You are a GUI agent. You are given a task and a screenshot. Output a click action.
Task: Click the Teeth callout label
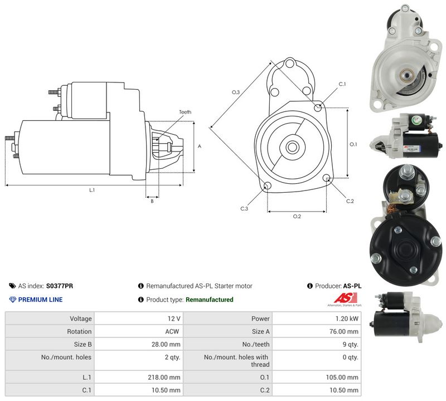[185, 112]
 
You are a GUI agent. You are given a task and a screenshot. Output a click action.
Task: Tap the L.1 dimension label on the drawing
[92, 190]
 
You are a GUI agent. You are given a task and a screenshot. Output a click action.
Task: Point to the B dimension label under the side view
[152, 201]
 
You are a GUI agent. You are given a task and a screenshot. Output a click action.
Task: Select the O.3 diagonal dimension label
[236, 92]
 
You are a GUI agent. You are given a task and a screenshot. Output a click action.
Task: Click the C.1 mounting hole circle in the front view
[318, 107]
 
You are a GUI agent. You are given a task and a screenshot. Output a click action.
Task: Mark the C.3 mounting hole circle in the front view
[268, 186]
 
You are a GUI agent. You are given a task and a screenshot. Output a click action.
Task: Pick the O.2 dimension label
[297, 216]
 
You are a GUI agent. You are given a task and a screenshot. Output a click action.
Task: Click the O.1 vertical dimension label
[353, 144]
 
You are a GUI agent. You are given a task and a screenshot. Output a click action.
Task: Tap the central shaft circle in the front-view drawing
[292, 147]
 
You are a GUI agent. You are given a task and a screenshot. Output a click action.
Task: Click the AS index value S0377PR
[60, 286]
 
